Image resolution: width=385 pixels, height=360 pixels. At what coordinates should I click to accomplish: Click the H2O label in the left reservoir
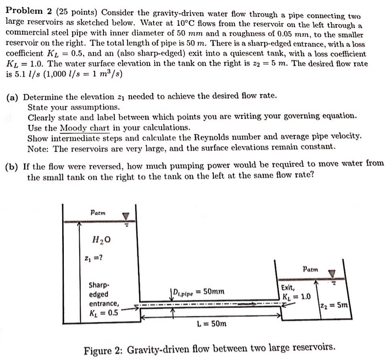tap(103, 238)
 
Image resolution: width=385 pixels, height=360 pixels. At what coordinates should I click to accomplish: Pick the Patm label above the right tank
tap(310, 270)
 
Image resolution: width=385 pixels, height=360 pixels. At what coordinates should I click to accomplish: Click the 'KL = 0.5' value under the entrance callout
tap(105, 313)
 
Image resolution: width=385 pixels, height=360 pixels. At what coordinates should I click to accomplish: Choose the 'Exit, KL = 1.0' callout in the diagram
tap(295, 292)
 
